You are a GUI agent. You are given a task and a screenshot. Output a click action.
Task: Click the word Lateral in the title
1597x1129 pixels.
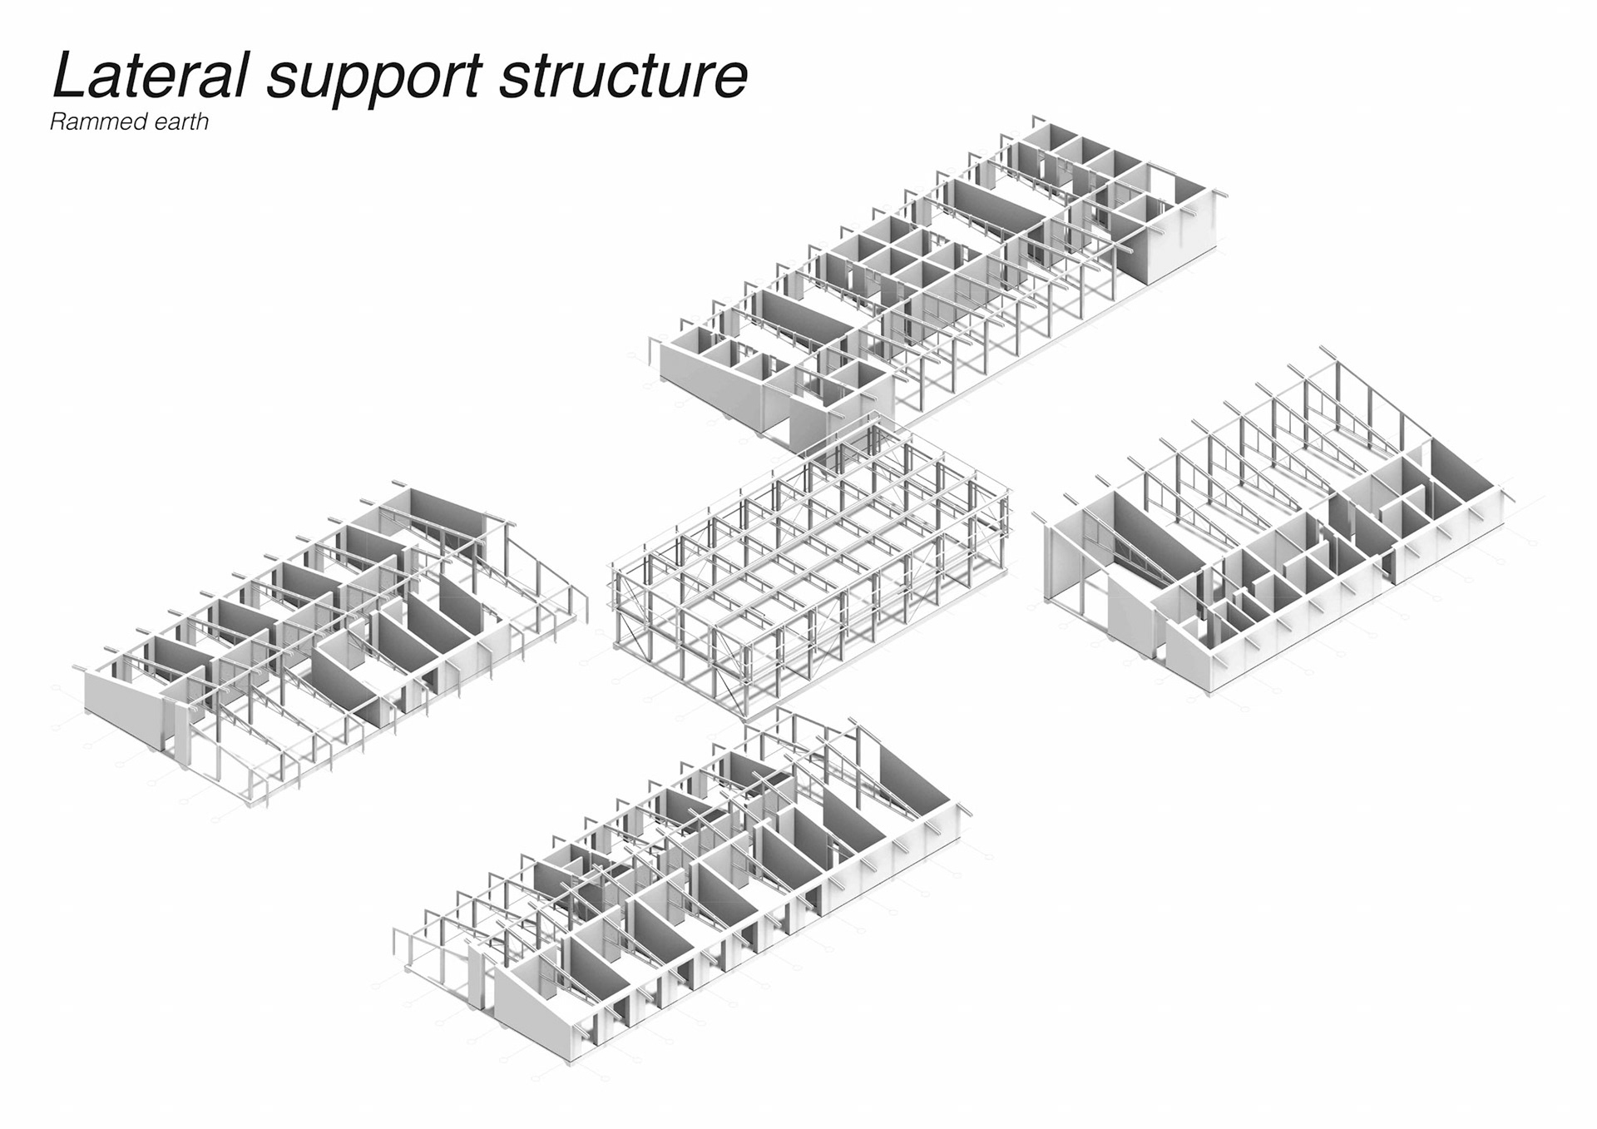150,76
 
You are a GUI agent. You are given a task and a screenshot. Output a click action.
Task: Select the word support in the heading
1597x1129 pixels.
374,78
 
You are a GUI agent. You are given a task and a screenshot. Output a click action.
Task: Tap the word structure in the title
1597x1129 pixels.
623,77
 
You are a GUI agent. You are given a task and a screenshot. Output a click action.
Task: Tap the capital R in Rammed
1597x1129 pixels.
57,122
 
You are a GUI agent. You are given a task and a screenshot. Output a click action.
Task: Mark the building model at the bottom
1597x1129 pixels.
682,882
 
